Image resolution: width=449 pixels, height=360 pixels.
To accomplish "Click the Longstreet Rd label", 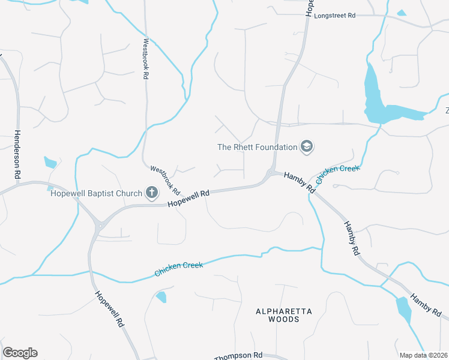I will click(335, 16).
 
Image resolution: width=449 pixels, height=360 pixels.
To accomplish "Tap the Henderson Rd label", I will click(17, 155).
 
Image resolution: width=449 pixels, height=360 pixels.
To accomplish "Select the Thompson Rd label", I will click(238, 356).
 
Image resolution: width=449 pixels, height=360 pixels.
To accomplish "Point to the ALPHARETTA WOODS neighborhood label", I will click(277, 315).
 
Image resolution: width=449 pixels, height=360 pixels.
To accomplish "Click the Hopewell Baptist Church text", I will click(96, 193).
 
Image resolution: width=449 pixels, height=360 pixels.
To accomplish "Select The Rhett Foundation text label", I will click(258, 147).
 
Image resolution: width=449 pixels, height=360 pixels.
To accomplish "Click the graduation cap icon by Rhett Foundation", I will click(307, 146).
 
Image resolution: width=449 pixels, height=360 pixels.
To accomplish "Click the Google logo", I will click(20, 353).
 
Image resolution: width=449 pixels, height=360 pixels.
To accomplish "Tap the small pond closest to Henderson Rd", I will click(50, 162).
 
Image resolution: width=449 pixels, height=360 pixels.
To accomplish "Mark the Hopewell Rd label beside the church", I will click(188, 199).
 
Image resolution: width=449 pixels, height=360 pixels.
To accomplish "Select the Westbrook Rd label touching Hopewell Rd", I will click(166, 180).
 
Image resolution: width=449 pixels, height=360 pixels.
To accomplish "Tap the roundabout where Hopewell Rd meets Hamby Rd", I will click(271, 173).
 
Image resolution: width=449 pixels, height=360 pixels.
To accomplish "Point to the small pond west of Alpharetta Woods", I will click(161, 296).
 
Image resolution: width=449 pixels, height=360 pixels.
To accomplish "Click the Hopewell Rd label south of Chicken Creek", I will click(109, 308).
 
